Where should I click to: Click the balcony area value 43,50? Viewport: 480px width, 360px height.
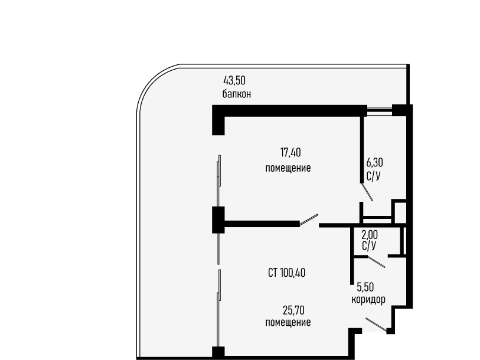point(234,81)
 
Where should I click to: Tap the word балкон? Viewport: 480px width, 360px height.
point(237,94)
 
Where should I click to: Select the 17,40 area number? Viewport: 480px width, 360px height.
point(290,152)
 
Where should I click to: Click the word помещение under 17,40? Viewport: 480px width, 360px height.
point(288,168)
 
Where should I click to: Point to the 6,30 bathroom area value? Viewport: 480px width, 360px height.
point(375,162)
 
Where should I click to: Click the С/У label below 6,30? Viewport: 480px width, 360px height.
point(374,176)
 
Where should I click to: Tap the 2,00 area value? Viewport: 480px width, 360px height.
point(370,235)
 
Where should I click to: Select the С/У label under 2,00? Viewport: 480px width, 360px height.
point(369,246)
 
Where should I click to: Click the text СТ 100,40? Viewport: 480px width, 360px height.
point(286,273)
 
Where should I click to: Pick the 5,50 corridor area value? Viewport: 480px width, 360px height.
point(365,287)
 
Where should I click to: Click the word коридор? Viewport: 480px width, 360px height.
point(368,299)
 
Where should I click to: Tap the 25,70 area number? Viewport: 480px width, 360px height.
point(293,310)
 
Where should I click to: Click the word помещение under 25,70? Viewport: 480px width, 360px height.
point(288,322)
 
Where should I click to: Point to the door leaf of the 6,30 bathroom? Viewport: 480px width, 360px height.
point(367,192)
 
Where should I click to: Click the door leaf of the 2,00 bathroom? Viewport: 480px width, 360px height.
point(376,262)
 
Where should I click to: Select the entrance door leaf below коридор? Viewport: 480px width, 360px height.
point(376,325)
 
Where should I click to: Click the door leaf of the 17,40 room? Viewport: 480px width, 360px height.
point(309,220)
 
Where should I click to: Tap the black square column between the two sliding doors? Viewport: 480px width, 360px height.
point(218,220)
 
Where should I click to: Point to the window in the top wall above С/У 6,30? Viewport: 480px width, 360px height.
point(380,110)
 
